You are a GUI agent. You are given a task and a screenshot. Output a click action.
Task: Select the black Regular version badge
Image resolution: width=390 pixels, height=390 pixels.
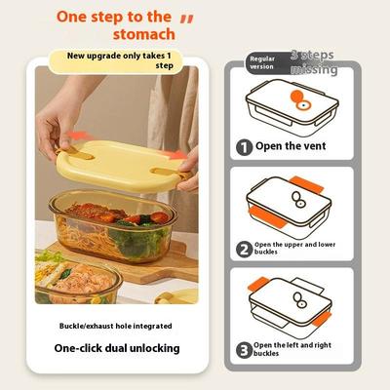pyautogui.click(x=263, y=62)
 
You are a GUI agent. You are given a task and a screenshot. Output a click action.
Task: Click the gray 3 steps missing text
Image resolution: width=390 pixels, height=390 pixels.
pyautogui.click(x=314, y=62)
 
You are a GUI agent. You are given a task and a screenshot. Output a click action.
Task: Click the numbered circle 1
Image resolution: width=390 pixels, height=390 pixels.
pyautogui.click(x=244, y=147)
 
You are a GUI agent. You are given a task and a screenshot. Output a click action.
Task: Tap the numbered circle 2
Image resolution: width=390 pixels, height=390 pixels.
pyautogui.click(x=244, y=250)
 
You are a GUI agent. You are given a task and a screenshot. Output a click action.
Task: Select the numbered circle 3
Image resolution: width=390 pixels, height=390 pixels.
pyautogui.click(x=244, y=348)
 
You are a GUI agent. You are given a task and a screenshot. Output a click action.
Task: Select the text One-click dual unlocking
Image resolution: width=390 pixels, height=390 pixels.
pyautogui.click(x=116, y=348)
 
